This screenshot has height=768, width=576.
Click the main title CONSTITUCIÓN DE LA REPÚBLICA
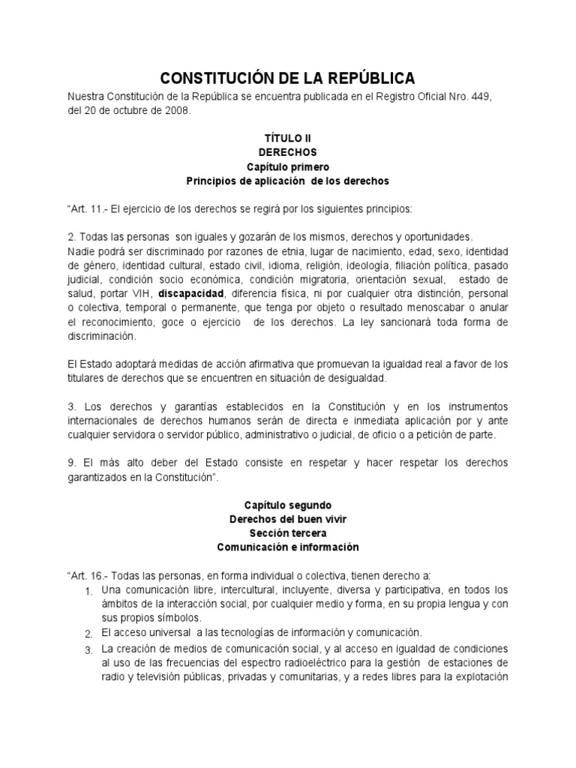[x=287, y=78]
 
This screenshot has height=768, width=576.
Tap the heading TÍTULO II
[x=287, y=139]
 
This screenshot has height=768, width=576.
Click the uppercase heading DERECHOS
[x=287, y=152]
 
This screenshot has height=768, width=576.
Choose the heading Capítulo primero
[x=287, y=166]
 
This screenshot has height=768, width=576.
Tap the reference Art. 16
[x=87, y=576]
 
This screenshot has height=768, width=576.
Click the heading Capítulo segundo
[x=287, y=505]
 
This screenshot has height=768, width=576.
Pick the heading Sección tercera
[x=287, y=533]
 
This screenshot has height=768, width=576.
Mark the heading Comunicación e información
[x=287, y=547]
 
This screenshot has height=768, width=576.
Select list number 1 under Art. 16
[x=87, y=592]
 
